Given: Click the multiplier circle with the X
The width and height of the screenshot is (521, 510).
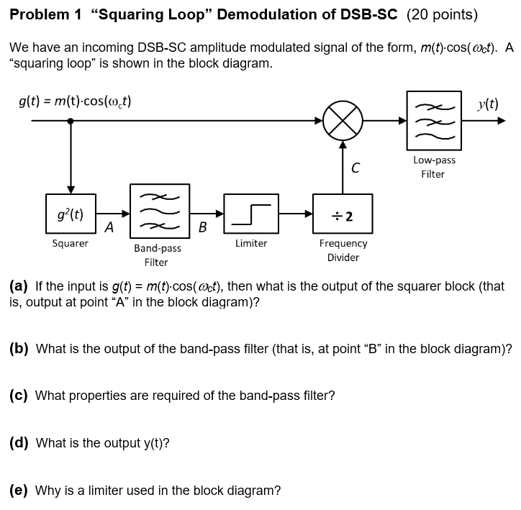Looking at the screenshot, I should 343,120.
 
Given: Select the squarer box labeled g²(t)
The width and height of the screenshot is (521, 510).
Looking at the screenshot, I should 70,214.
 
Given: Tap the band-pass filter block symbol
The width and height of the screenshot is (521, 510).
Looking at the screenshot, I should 158,212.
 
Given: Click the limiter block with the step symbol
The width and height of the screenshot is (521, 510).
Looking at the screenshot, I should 251,214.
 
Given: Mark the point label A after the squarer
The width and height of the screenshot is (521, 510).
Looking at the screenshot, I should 108,228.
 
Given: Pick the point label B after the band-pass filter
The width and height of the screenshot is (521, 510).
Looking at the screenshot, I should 202,229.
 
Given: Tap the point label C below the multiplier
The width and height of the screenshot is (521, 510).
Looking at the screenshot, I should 355,168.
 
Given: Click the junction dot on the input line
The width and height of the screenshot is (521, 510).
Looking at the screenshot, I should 70,121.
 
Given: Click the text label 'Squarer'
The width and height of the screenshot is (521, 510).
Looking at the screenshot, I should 70,244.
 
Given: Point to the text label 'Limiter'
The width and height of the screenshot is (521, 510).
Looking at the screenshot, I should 251,244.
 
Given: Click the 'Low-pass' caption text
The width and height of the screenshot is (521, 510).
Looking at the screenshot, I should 434,160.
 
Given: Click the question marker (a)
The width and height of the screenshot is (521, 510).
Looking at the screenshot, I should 19,286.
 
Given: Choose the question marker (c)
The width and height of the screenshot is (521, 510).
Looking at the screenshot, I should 19,395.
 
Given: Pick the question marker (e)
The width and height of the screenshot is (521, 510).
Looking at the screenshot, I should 19,491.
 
